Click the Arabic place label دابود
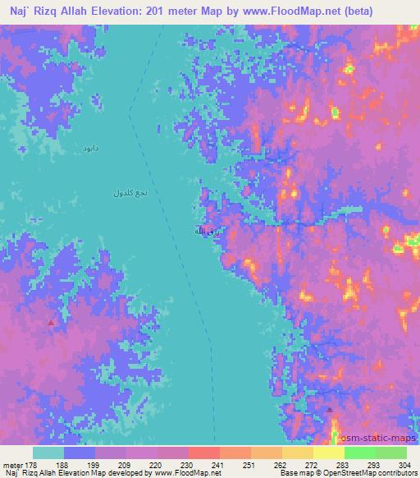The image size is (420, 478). pos(90,149)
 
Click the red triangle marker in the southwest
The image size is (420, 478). pos(52,323)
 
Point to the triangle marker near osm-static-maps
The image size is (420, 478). pos(329,408)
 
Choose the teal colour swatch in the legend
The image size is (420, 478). pos(48,453)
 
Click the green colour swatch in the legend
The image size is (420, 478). pos(359,453)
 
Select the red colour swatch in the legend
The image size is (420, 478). pos(203,453)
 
